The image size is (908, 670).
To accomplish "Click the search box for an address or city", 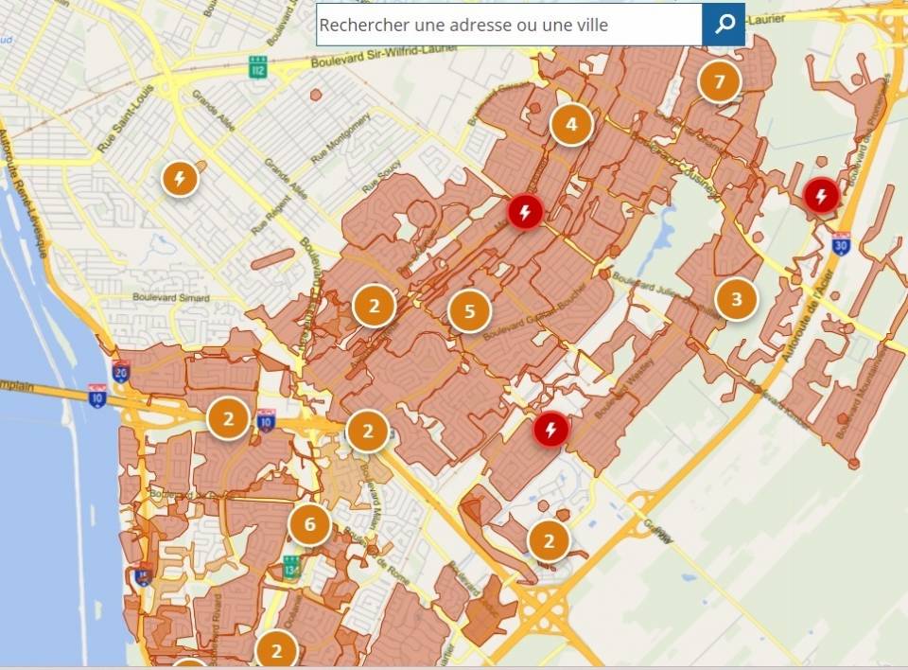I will tap(509, 25).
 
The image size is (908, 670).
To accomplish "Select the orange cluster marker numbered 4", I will tap(570, 123).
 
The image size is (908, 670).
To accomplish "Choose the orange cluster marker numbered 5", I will tap(469, 310).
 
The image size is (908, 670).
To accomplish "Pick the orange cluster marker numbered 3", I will tap(737, 301).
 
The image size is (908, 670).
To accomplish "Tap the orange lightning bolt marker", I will tap(180, 177).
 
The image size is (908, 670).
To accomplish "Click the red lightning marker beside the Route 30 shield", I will tap(820, 197).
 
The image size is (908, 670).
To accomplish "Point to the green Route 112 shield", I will tap(257, 67).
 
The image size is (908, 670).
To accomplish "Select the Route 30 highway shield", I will tap(841, 243).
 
